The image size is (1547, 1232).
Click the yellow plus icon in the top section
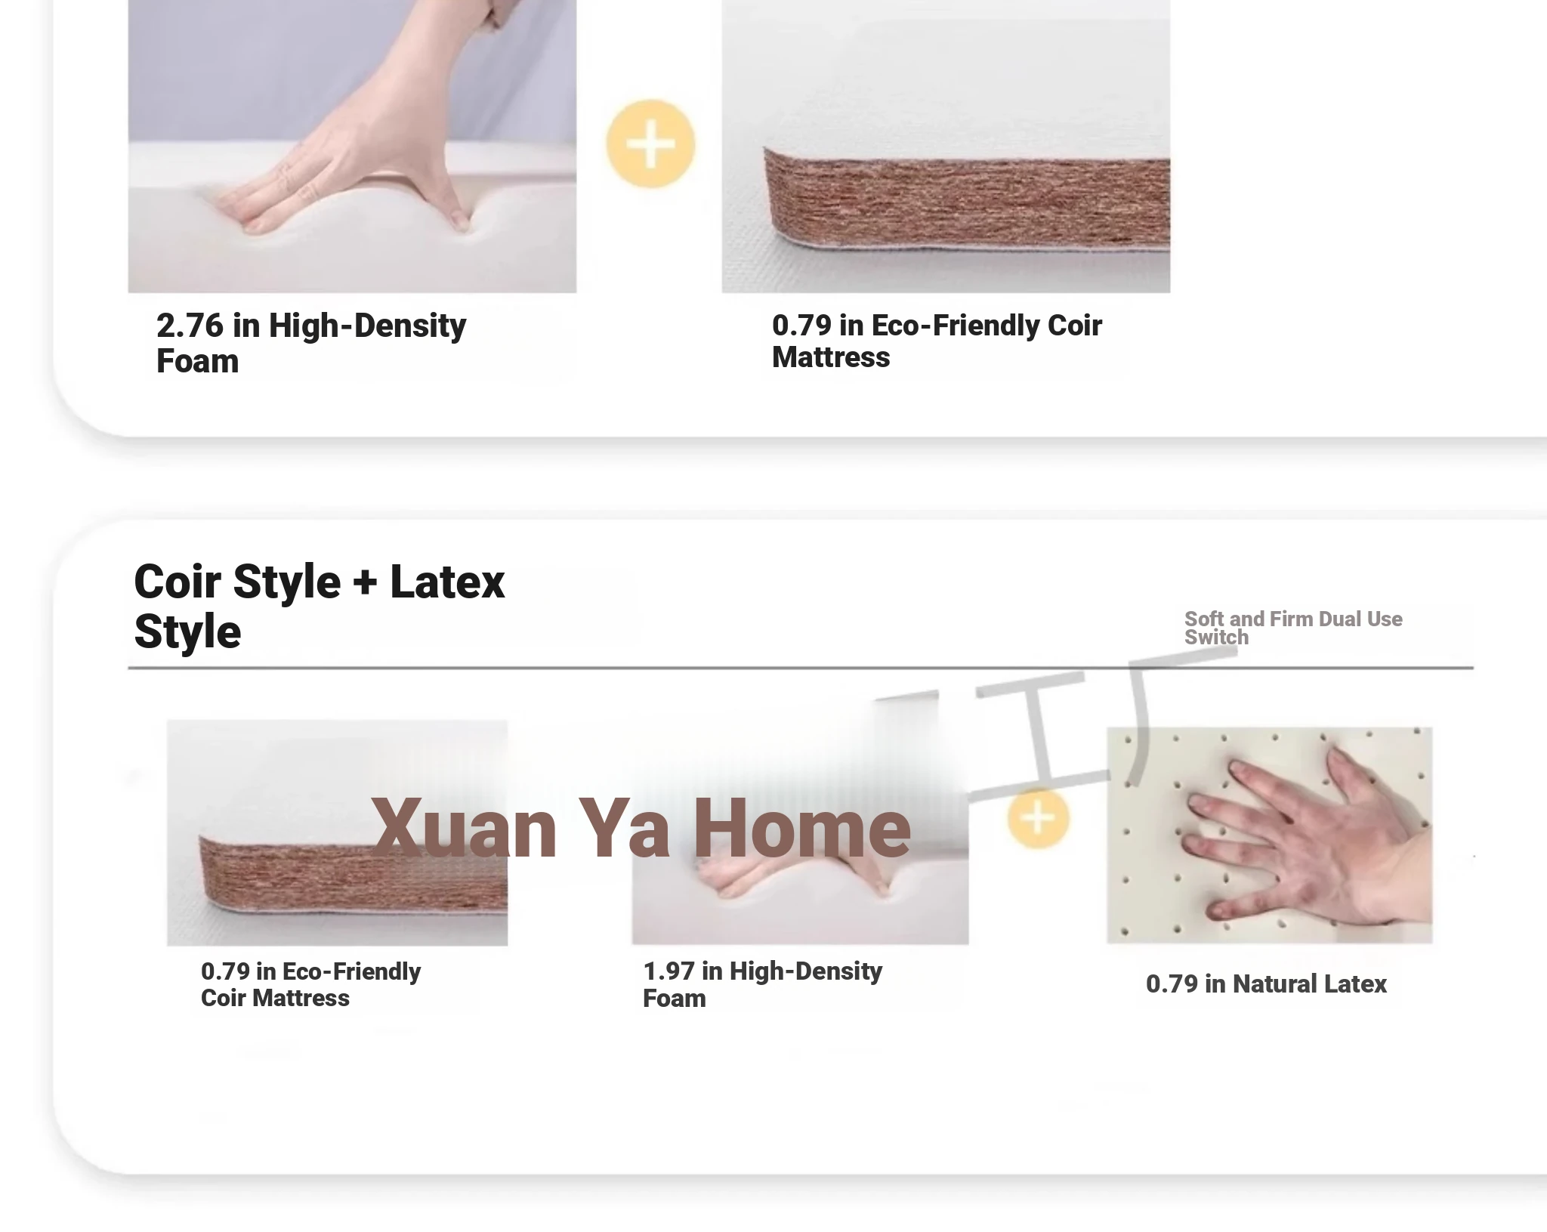650,144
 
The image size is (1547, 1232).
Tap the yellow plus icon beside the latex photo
1039,818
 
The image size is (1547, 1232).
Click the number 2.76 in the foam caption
190,326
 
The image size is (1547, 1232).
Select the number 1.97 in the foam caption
669,971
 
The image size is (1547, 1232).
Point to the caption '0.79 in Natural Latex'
1266,984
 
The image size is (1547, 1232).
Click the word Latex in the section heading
447,582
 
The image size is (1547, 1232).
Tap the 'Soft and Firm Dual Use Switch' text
1293,628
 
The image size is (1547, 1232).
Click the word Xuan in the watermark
464,829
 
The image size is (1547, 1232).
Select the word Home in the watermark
802,829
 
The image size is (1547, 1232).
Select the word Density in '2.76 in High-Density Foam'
410,326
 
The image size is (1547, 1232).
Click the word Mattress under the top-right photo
831,357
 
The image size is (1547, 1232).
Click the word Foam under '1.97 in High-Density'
675,999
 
